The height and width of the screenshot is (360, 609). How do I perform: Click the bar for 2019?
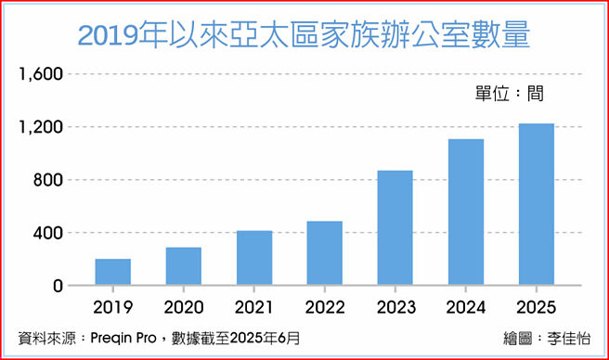coord(112,272)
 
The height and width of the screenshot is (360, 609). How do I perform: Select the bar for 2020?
coord(183,266)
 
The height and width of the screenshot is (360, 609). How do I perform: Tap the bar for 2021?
coord(254,258)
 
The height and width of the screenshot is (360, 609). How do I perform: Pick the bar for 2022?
coord(325,253)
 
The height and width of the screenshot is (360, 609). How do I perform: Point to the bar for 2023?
coord(395,228)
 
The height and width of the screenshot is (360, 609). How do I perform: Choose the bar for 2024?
coord(466,212)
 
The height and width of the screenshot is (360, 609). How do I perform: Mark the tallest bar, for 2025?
coord(536,204)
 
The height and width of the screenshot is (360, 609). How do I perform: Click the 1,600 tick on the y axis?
coord(39,74)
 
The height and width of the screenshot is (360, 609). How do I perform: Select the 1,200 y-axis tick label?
coord(39,127)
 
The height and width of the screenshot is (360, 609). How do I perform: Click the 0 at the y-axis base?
coord(57,286)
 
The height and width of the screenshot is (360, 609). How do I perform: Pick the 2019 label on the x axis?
coord(112,307)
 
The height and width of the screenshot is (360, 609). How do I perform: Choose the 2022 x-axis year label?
coord(325,307)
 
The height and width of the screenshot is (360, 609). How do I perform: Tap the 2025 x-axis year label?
coord(536,307)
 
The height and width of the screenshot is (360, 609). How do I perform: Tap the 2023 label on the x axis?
coord(395,307)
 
